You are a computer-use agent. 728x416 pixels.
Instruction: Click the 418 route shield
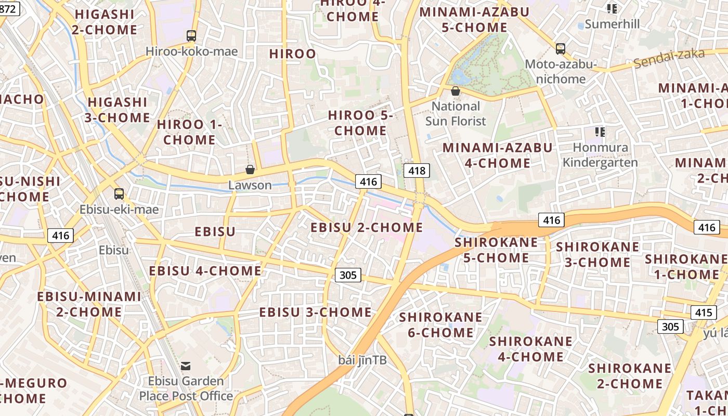pos(417,170)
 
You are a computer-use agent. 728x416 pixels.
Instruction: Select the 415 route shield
pos(703,313)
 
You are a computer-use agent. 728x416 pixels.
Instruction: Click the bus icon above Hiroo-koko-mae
pos(191,36)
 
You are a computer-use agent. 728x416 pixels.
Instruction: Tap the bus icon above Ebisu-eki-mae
pos(119,194)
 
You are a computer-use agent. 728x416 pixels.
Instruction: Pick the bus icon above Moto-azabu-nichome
pos(560,49)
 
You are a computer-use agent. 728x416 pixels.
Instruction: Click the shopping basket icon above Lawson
pos(250,170)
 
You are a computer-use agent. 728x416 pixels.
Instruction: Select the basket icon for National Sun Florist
pos(456,91)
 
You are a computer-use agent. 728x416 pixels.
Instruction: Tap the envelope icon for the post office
pos(186,366)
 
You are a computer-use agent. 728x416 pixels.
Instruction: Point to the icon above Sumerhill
pos(612,9)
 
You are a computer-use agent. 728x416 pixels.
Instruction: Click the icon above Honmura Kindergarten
pos(600,132)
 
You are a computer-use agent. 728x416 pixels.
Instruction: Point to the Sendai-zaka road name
pos(669,58)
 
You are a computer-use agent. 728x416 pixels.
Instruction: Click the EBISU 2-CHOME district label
pos(367,227)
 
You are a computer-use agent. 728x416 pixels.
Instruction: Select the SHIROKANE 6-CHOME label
pos(440,324)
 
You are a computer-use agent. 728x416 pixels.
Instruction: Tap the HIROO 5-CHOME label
pos(360,123)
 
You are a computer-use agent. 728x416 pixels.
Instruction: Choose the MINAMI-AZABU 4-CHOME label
pos(497,155)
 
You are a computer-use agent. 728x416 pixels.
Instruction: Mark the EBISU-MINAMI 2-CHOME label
pos(89,304)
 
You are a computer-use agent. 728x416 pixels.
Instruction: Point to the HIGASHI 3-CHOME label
pos(118,110)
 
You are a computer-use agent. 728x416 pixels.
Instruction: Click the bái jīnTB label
pos(362,360)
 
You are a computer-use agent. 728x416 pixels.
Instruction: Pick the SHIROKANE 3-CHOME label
pos(597,254)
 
